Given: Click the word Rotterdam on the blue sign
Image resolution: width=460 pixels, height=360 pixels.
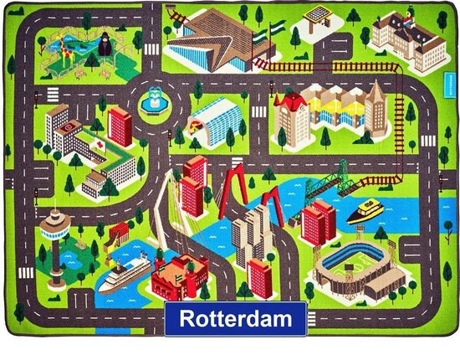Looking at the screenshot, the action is (234, 319).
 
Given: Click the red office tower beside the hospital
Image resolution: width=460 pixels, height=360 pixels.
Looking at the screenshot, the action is (120, 126).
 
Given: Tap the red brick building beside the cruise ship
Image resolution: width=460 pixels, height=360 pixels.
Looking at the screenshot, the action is (179, 273).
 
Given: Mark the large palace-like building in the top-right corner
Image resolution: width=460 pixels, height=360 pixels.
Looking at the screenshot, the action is (400, 31).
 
